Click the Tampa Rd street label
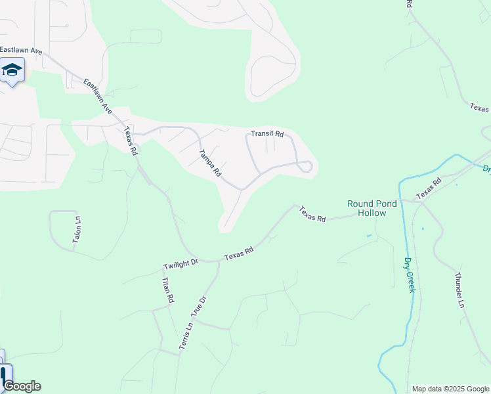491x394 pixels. tap(210, 164)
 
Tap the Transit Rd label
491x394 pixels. tap(267, 134)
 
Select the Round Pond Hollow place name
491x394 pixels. tap(372, 208)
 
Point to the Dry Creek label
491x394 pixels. tap(410, 274)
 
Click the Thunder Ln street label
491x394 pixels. tap(460, 290)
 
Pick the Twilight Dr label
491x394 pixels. tap(181, 263)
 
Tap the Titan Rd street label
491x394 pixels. tap(168, 290)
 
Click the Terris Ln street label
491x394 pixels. tap(186, 336)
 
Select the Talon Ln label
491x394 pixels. tap(77, 230)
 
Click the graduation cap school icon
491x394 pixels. tap(12, 69)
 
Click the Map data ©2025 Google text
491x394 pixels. tap(450, 389)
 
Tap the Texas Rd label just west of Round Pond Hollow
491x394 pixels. tap(312, 214)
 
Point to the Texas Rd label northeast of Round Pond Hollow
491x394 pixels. tap(429, 188)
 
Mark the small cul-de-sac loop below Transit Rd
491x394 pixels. tap(305, 167)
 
